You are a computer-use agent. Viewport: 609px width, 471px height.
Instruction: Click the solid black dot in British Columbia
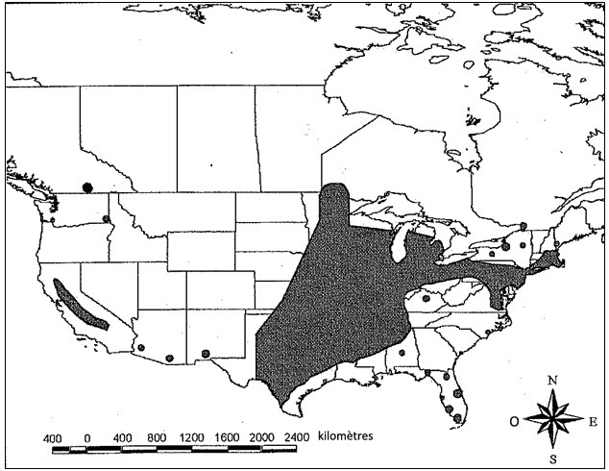click(87, 186)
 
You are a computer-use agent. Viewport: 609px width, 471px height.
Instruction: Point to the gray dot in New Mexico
click(206, 353)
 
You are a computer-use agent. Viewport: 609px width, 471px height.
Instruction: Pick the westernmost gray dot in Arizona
click(140, 348)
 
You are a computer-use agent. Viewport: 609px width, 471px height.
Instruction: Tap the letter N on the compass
click(552, 381)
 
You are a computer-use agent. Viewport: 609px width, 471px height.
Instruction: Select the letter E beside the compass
click(594, 420)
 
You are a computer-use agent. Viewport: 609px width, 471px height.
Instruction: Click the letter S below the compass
click(552, 459)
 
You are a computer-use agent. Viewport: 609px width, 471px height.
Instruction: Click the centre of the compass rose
click(552, 419)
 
